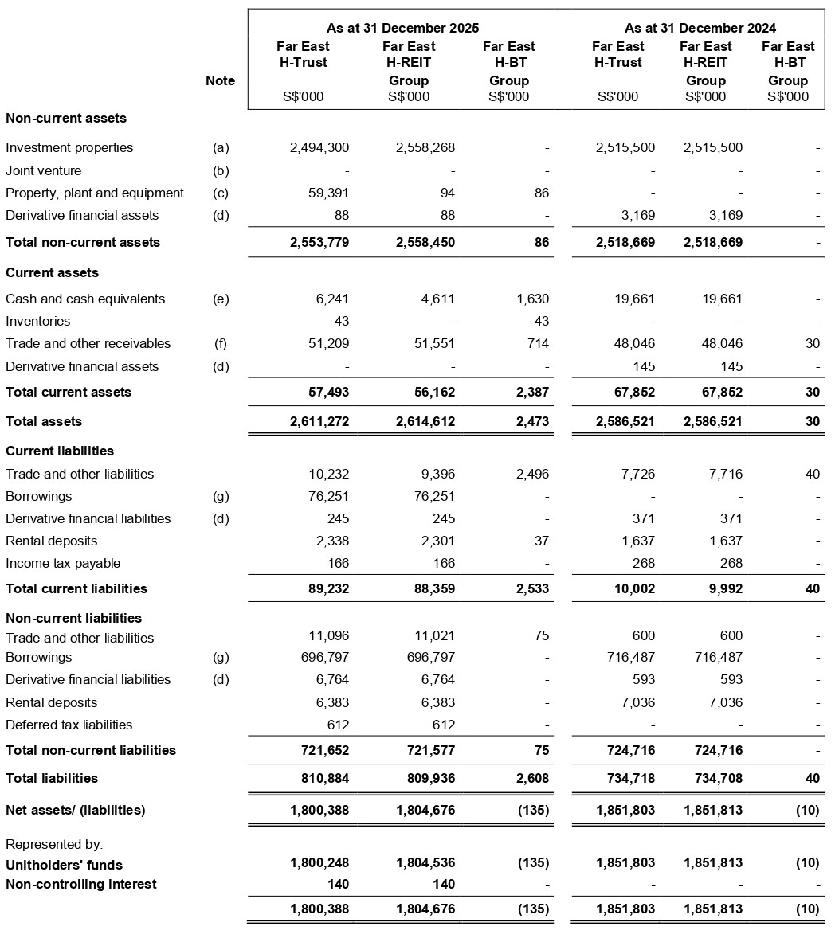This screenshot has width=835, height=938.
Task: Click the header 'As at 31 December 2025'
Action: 402,28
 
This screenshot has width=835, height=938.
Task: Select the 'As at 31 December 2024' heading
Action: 700,28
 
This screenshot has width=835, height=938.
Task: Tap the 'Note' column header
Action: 220,80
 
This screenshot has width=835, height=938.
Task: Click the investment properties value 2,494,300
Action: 319,147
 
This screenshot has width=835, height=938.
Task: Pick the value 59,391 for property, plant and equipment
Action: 329,193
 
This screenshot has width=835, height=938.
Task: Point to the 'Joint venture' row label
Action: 43,170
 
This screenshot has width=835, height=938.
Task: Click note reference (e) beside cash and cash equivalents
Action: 221,299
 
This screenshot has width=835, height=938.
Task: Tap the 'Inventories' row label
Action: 37,321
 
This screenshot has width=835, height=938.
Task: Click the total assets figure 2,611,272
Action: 319,421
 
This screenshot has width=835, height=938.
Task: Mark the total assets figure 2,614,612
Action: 425,421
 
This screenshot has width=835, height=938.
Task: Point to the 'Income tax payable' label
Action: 63,563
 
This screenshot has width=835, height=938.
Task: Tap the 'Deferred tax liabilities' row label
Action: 69,725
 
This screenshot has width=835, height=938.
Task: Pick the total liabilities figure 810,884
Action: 323,778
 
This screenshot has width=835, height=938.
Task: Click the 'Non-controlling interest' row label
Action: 81,884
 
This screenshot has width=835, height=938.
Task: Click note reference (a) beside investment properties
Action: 221,147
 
